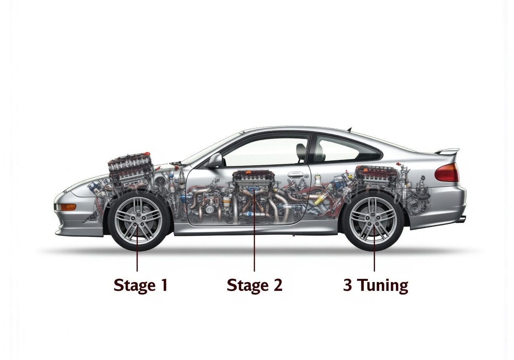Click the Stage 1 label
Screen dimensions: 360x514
coord(140,285)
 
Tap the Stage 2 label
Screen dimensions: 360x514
coord(254,285)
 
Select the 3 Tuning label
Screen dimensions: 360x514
coord(375,285)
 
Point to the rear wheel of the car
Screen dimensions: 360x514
coord(373,220)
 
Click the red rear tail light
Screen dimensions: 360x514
coord(447,173)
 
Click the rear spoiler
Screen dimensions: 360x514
coord(447,151)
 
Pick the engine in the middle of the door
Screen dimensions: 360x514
coord(254,181)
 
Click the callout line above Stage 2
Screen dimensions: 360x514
coord(254,245)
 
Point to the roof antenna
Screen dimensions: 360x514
coord(349,129)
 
